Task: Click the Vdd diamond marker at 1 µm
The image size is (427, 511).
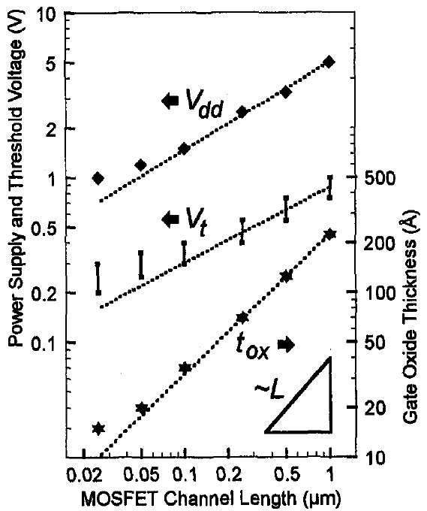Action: click(x=329, y=62)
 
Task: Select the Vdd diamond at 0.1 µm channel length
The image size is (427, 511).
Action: click(x=184, y=149)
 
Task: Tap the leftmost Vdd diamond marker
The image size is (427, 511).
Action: click(x=98, y=178)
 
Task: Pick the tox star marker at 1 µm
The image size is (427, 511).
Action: click(x=330, y=234)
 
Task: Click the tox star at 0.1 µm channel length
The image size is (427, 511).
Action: click(x=185, y=368)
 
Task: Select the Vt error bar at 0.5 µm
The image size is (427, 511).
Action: click(x=286, y=209)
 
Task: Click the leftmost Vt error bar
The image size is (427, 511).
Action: click(x=98, y=279)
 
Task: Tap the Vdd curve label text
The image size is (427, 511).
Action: click(x=204, y=102)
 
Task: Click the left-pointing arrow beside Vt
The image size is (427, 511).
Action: click(x=170, y=219)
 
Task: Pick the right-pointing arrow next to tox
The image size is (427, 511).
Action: click(x=286, y=345)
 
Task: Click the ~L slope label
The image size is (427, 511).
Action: click(x=269, y=391)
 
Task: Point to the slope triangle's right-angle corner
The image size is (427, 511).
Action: click(x=330, y=431)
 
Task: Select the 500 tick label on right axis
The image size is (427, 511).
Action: click(x=380, y=178)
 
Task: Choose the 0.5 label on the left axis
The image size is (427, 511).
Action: click(x=44, y=228)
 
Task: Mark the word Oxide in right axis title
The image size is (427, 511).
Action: click(x=410, y=352)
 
